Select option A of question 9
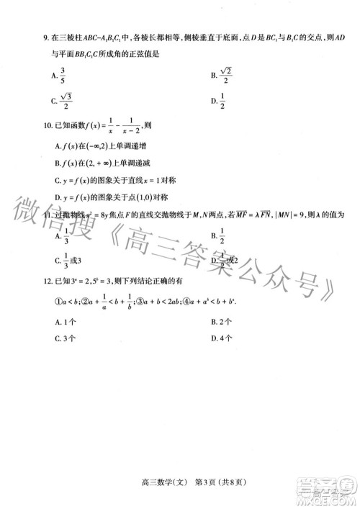point(60,74)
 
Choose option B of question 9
point(222,74)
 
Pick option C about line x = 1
point(112,179)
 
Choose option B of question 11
point(219,235)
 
